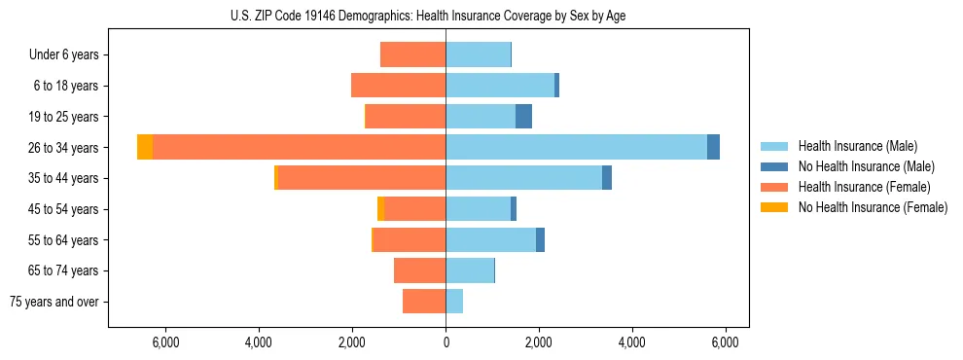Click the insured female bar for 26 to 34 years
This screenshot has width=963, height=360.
coord(299,147)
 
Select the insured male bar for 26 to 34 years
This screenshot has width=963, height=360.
coord(576,147)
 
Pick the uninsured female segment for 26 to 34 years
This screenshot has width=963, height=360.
coord(145,147)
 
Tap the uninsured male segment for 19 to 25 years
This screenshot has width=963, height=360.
coord(523,116)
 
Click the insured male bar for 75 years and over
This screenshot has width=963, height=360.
coord(454,302)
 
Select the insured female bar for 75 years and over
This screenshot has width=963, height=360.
coord(424,302)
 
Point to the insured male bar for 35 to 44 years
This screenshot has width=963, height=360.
coord(523,178)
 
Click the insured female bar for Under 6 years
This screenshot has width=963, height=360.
coord(412,54)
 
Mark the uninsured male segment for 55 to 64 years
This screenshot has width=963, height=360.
coord(540,239)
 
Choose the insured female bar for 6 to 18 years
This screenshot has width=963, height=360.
coord(399,86)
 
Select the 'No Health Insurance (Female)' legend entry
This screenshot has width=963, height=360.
coord(873,207)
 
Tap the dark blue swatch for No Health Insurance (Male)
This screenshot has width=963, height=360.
coord(774,166)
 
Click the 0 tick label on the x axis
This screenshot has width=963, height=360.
coord(446,342)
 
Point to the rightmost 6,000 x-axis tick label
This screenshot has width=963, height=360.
coord(725,342)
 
